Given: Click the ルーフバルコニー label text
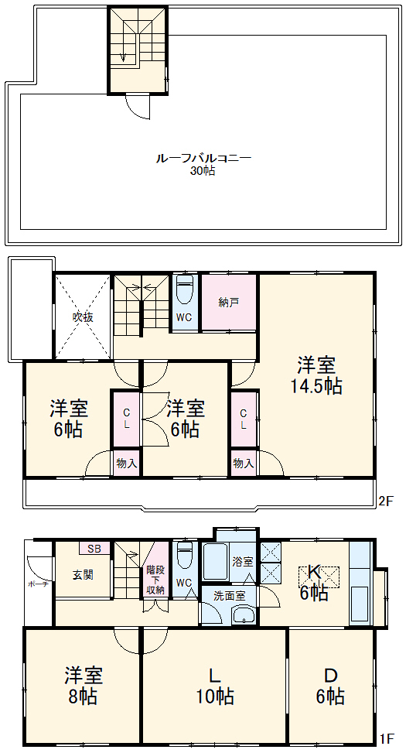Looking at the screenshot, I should point(203,158).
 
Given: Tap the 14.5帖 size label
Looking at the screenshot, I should point(316,386).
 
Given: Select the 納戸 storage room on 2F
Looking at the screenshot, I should point(229,303).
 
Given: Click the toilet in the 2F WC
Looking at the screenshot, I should point(185,293).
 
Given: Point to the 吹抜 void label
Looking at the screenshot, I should point(83,317).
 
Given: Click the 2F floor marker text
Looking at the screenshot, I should point(385,501).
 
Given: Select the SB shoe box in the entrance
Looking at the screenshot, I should point(94,549).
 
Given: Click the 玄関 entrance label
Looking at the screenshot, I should point(84,575).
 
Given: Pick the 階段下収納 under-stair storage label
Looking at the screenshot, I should point(155,580).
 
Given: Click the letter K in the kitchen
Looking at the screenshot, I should point(315,573).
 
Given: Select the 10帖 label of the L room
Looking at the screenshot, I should point(215,696).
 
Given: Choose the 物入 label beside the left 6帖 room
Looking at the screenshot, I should point(127,464).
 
